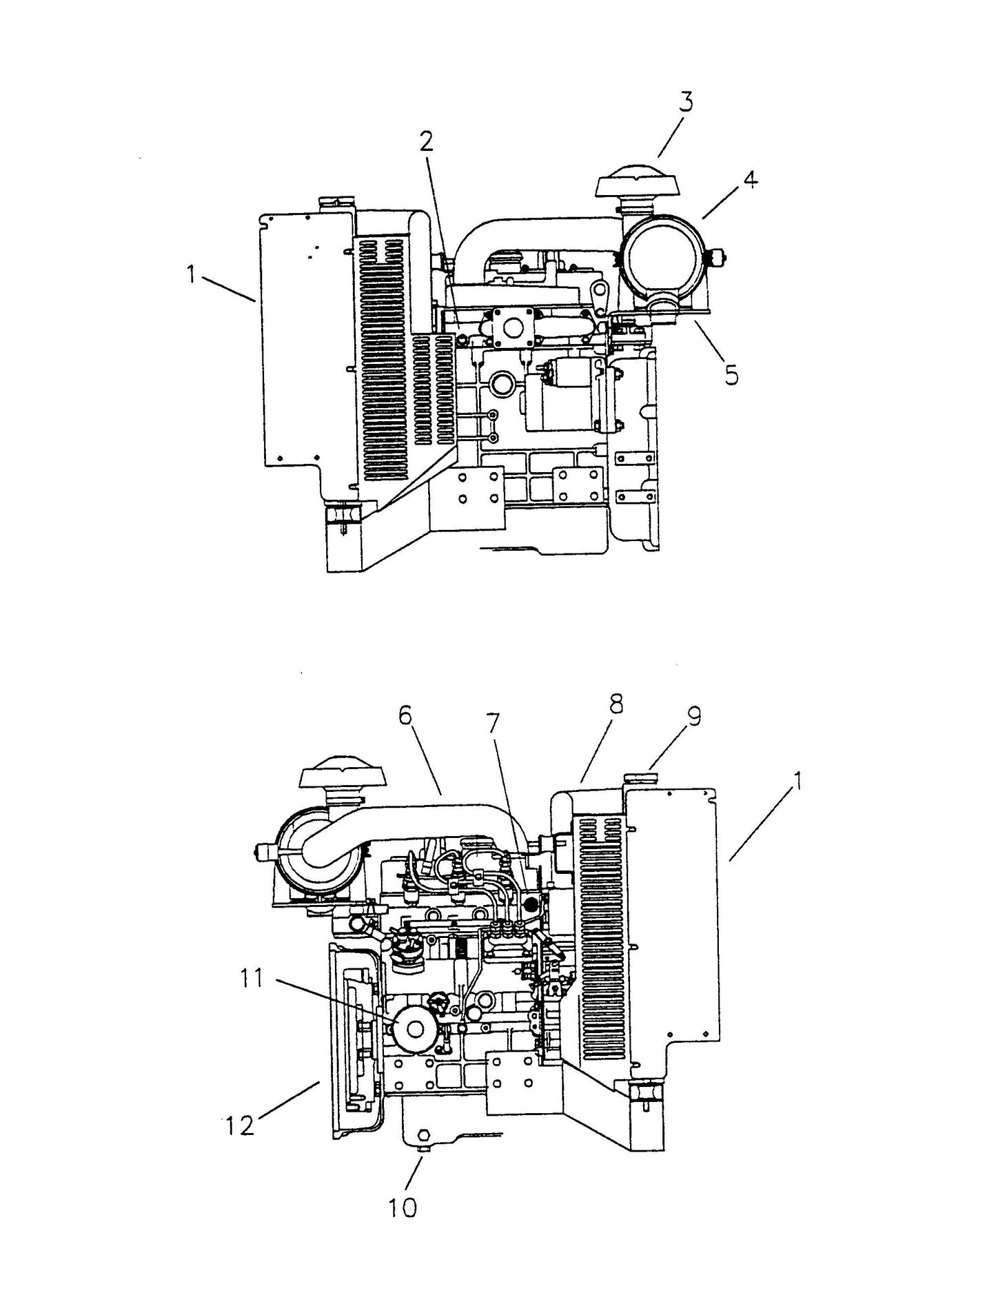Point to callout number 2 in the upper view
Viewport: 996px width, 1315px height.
click(427, 143)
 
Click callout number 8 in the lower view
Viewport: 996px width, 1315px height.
click(615, 704)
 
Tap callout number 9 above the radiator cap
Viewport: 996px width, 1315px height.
click(693, 718)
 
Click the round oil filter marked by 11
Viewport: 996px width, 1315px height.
click(414, 1028)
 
